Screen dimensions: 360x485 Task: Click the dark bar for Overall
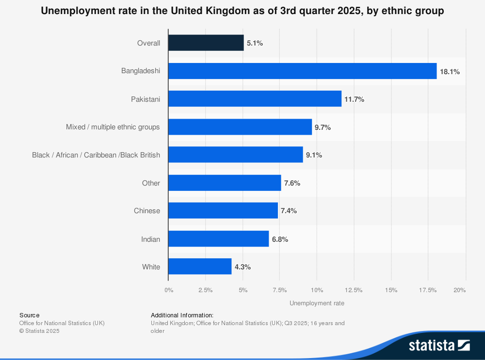point(206,43)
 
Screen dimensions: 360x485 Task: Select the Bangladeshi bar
point(302,71)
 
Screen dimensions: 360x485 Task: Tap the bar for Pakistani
point(255,99)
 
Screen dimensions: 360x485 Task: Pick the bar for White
point(200,266)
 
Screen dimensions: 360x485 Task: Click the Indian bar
point(218,239)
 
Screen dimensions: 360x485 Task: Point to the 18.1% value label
point(450,72)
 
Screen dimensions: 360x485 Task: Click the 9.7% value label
point(323,127)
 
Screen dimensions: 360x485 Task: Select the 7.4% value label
point(289,211)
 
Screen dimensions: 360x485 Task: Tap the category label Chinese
point(147,211)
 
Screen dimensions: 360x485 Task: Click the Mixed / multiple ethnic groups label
point(113,127)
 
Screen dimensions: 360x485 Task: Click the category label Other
point(151,183)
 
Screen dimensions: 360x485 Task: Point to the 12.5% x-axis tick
point(354,290)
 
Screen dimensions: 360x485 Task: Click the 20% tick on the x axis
point(460,290)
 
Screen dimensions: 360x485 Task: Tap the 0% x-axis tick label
point(169,290)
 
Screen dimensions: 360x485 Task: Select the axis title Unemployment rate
point(317,303)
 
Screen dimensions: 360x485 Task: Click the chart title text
point(242,11)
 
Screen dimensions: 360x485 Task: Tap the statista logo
point(439,345)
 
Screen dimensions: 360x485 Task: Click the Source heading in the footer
point(30,315)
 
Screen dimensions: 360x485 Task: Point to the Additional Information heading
point(182,315)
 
